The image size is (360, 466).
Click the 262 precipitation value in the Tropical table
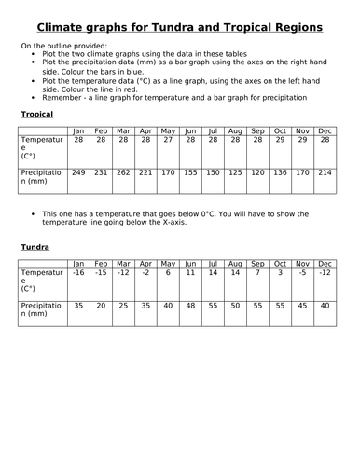tap(123, 172)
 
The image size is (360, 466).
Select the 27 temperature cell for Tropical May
tap(168, 139)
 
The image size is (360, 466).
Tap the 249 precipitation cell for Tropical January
tap(78, 172)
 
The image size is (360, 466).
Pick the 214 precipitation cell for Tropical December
tap(325, 172)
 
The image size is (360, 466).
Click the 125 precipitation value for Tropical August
tap(235, 172)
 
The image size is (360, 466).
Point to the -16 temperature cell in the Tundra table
tap(78, 272)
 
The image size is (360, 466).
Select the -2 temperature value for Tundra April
tap(145, 272)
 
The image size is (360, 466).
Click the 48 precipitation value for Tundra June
tap(190, 305)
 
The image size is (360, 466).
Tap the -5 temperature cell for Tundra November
tap(302, 272)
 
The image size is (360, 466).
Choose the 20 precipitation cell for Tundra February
tap(101, 305)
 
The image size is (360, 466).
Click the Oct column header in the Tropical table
tap(280, 130)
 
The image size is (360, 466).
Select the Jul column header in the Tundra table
tap(213, 263)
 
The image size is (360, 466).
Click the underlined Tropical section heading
tap(36, 114)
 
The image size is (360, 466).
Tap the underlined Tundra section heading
tap(35, 247)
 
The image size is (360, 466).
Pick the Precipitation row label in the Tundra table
tap(43, 310)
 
